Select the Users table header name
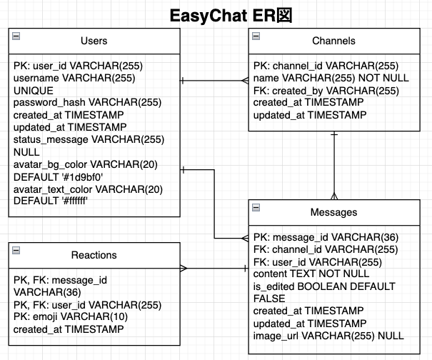tap(94, 41)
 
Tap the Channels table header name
tap(333, 41)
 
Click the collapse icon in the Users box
tap(16, 36)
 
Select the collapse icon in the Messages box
tap(256, 207)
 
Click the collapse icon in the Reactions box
tap(16, 249)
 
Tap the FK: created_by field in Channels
tap(324, 90)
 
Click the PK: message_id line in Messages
tap(326, 236)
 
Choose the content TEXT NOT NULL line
tap(311, 274)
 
